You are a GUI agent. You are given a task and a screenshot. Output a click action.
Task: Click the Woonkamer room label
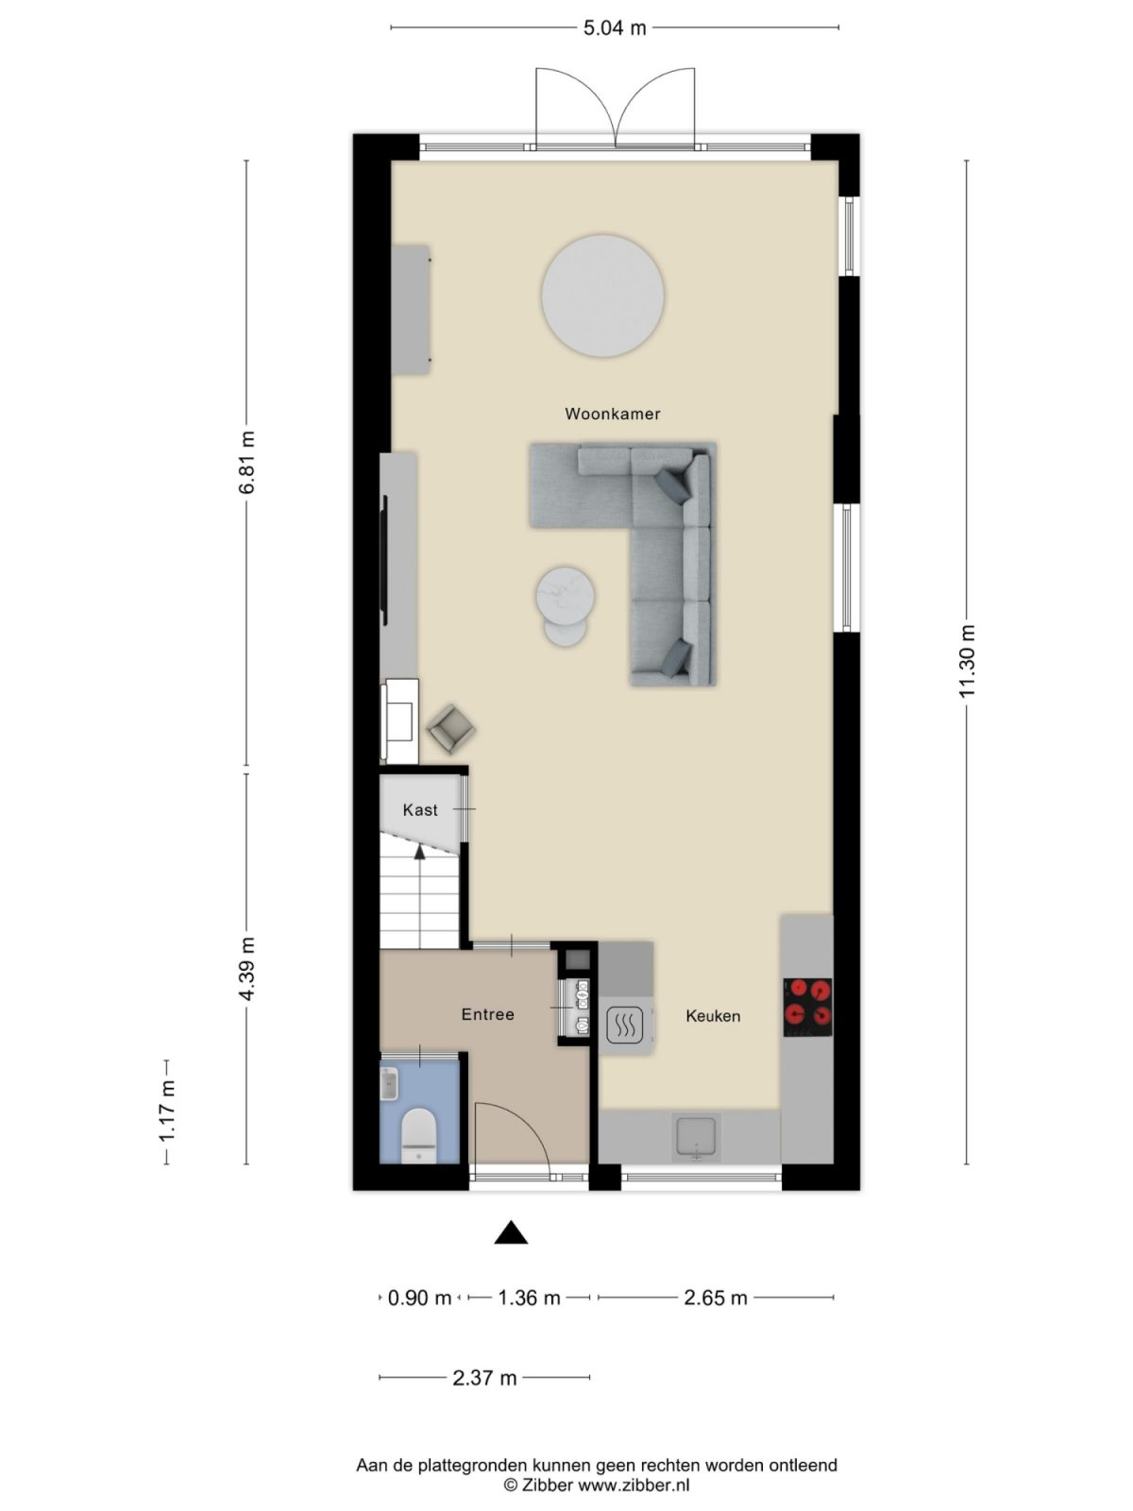(612, 414)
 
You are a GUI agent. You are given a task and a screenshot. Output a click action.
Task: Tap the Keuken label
(713, 1016)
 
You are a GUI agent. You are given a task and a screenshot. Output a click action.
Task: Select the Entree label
(487, 1014)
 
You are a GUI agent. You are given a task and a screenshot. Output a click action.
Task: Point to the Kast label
(420, 809)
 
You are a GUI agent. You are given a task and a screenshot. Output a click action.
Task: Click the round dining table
(602, 296)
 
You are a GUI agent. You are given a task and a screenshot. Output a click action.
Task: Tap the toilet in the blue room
(418, 1129)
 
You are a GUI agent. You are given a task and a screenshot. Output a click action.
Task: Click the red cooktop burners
(808, 1003)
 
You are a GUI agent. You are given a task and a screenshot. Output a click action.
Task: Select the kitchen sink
(696, 1135)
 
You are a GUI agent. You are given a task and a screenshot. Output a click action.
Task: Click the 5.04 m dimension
(615, 27)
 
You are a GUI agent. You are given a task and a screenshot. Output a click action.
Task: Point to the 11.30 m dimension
(967, 661)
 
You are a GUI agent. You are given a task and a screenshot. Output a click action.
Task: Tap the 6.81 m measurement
(246, 462)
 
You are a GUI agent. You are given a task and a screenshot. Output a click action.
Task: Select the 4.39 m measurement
(246, 969)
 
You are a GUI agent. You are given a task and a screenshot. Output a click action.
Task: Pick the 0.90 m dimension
(419, 1298)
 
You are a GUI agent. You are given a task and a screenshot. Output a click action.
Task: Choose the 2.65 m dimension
(716, 1298)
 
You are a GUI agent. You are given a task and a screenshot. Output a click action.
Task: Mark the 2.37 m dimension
(484, 1377)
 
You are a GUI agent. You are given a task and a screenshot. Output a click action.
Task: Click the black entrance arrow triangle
(511, 1232)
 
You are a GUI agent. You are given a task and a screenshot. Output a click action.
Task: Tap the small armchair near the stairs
(451, 728)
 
